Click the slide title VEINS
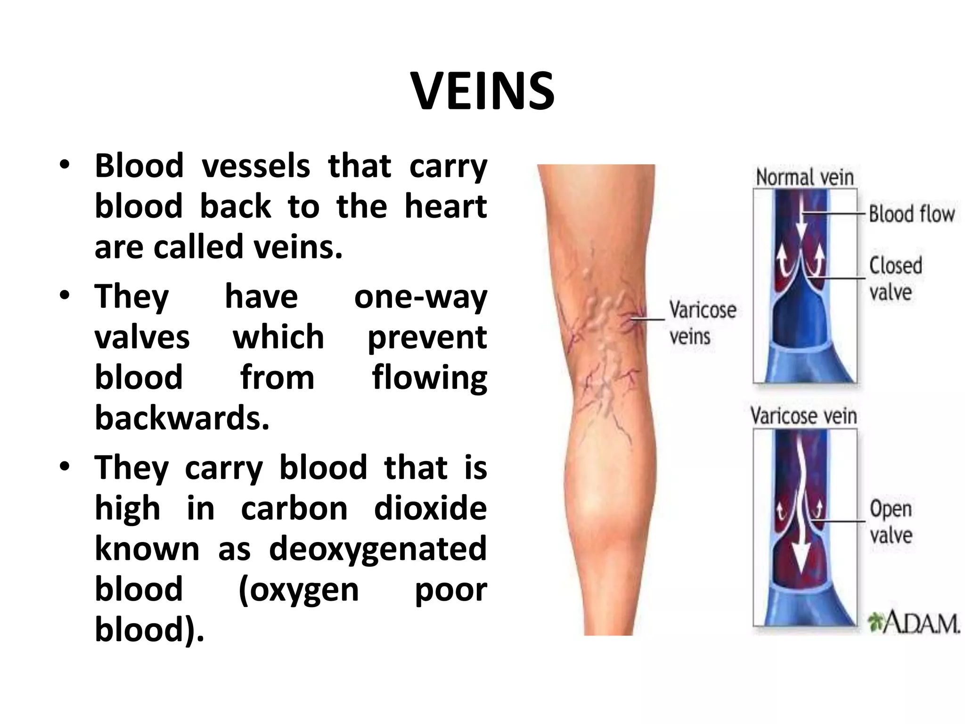483,91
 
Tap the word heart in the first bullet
446,207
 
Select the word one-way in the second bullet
420,297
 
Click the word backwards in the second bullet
182,418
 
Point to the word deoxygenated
377,549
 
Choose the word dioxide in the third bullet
430,509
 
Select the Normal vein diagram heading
804,178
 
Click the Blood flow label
911,214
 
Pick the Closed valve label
895,278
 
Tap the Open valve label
891,522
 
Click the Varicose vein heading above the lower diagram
803,417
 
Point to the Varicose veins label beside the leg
702,323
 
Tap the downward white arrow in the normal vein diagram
801,231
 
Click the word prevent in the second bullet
427,338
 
